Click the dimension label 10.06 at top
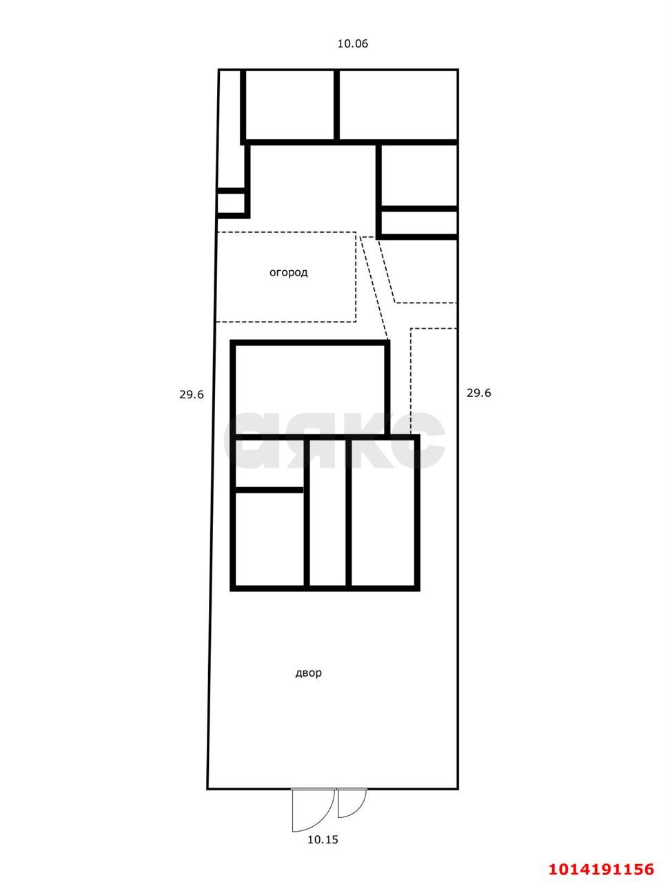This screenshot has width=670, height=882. (352, 43)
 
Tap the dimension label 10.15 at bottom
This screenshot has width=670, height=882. (323, 839)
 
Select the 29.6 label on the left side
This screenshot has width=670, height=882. (192, 395)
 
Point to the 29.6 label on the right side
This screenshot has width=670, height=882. (478, 393)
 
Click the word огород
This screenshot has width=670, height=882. (288, 272)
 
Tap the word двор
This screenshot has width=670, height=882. (308, 673)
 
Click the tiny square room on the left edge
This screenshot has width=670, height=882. (231, 203)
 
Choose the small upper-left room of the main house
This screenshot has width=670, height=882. (270, 463)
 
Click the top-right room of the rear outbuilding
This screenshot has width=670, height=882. (398, 105)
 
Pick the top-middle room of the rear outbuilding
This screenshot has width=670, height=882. (290, 105)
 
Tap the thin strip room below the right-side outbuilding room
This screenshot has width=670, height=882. (419, 223)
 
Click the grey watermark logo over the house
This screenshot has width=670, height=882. (334, 440)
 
